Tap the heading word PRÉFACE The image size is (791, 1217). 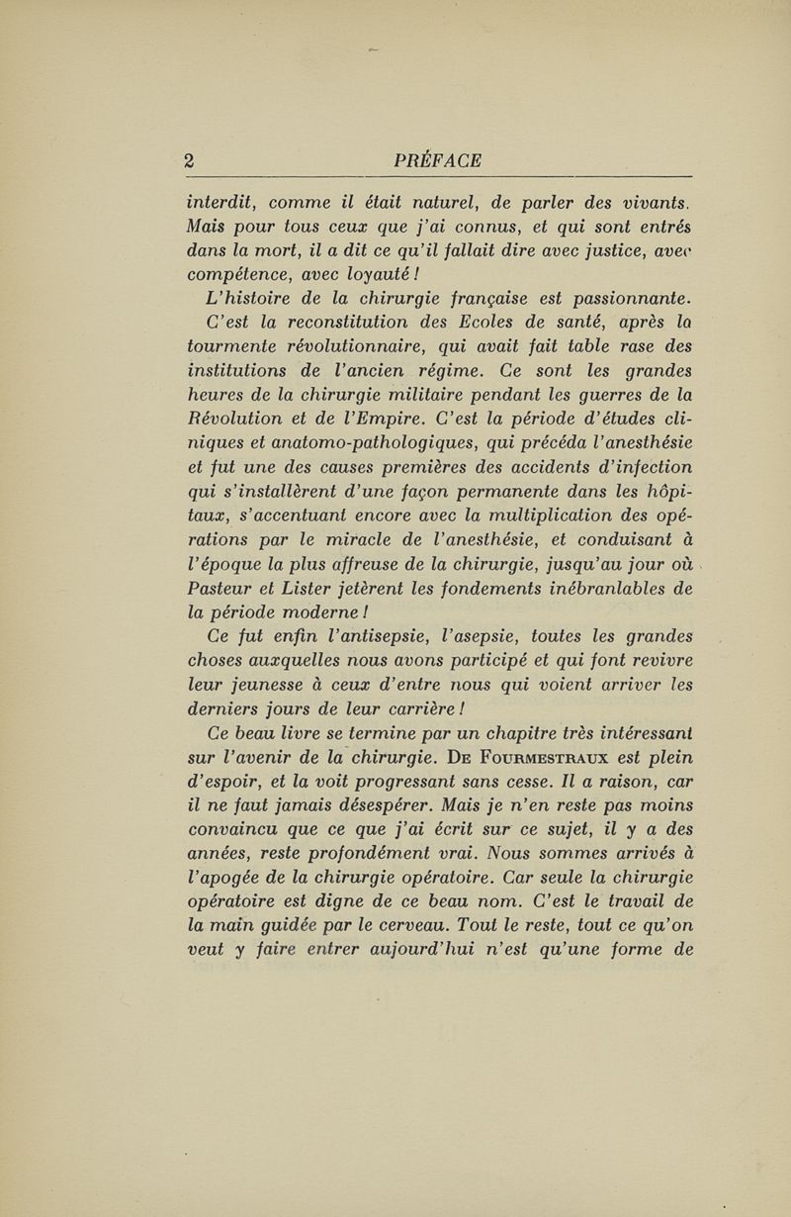coord(437,159)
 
